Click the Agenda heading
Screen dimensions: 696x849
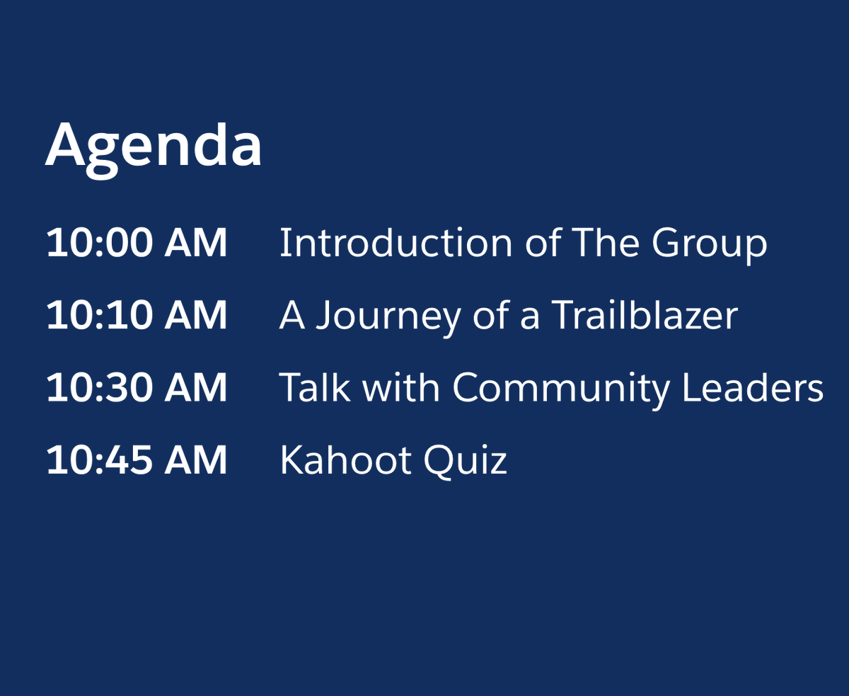(154, 146)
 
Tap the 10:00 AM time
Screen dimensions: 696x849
(137, 243)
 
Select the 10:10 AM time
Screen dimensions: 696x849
(137, 316)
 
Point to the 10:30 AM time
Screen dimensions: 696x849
(137, 389)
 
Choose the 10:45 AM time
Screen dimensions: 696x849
(137, 461)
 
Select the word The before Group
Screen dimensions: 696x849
(606, 243)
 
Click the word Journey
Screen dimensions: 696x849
(388, 317)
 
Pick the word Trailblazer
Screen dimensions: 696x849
(644, 316)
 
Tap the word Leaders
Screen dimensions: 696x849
(753, 389)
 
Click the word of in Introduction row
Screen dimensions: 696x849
(543, 243)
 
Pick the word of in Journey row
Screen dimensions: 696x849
(490, 316)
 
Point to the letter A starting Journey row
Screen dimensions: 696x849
(292, 316)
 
